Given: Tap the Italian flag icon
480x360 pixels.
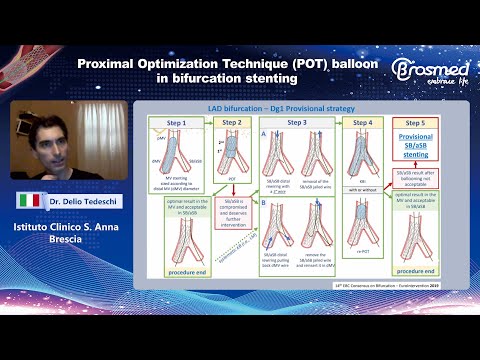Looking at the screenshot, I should pyautogui.click(x=30, y=200).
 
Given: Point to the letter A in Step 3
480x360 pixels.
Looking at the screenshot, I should pyautogui.click(x=263, y=133).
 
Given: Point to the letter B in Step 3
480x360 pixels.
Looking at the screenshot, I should pyautogui.click(x=263, y=203).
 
